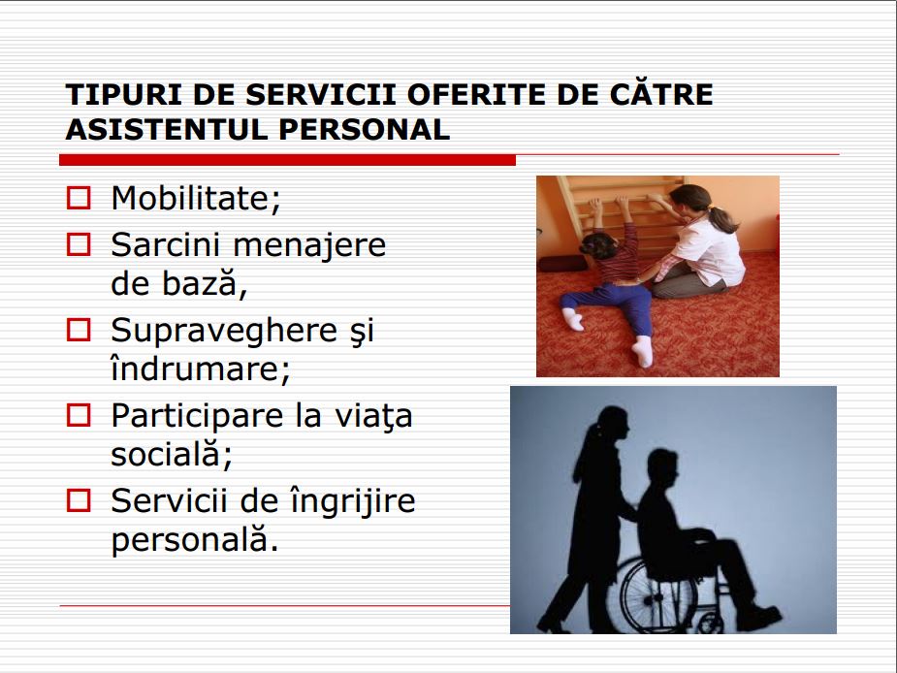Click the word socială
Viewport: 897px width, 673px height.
172,456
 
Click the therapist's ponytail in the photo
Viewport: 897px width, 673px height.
723,217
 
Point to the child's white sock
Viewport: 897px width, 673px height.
571,316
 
